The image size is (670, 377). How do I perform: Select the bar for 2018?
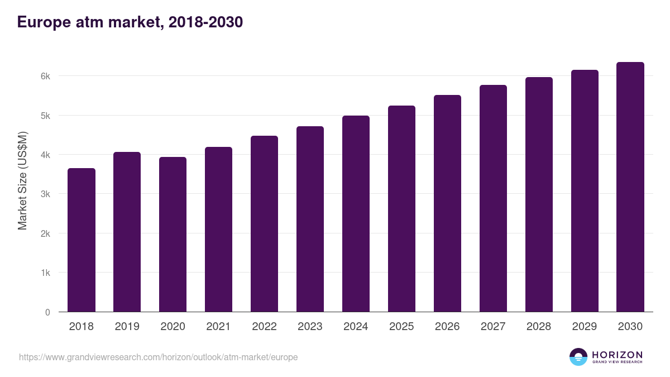coord(82,240)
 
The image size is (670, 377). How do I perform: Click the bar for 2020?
coord(173,235)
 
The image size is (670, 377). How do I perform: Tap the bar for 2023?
coord(310,219)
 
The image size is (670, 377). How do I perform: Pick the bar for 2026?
coord(448,203)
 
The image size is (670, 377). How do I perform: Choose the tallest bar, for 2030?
coord(630,187)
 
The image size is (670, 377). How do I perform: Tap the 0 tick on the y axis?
coord(47,312)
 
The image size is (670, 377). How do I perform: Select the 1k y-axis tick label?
coord(46,273)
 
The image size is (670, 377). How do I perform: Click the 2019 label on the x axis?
coord(127,327)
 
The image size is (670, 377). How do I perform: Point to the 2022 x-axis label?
coord(265,327)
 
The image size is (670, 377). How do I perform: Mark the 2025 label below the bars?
coord(402,327)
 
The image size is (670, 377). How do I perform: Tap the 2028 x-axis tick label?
coord(539,327)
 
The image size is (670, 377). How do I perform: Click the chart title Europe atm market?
coord(130,22)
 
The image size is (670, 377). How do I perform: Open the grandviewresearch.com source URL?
coord(159,357)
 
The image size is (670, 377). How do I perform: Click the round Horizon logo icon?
coord(578,357)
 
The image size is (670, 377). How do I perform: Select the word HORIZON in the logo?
coord(617,354)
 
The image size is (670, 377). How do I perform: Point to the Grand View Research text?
coord(617,362)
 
